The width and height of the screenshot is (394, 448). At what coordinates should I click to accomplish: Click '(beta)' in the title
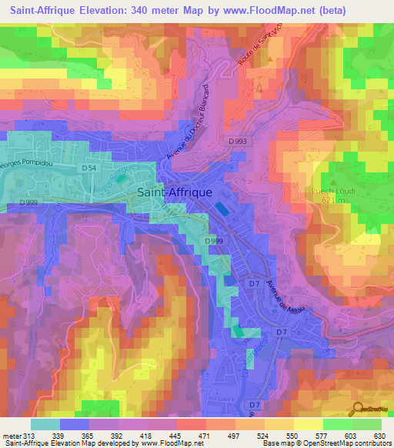[329, 11]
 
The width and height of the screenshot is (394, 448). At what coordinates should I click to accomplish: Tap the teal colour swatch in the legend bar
[45, 423]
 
